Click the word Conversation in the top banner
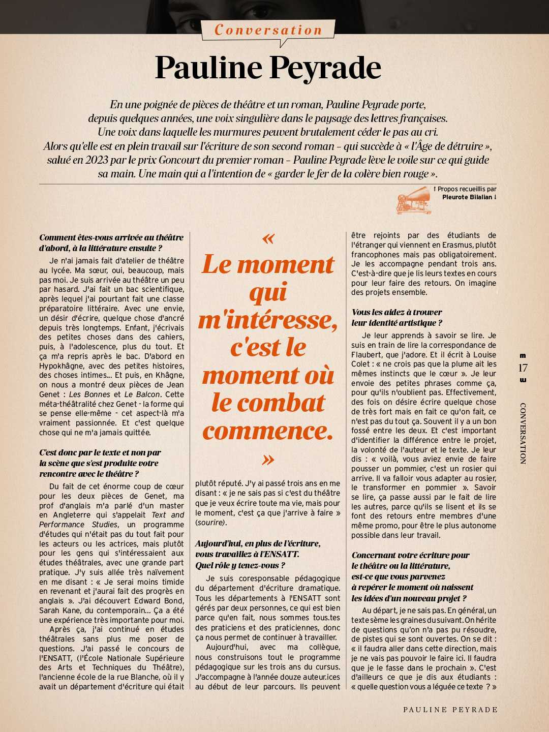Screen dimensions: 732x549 click(268, 30)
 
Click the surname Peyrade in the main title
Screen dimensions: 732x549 click(325, 68)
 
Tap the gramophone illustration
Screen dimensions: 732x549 click(414, 199)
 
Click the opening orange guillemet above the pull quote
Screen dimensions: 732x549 click(268, 238)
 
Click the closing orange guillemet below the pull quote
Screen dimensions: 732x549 click(268, 460)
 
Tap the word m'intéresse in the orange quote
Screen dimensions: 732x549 click(268, 320)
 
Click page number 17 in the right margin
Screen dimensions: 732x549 click(523, 368)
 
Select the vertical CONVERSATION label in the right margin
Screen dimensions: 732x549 click(523, 433)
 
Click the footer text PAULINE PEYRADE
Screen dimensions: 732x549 click(450, 710)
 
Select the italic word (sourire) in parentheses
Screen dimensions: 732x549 click(211, 523)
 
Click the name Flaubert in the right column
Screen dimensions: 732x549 click(368, 354)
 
